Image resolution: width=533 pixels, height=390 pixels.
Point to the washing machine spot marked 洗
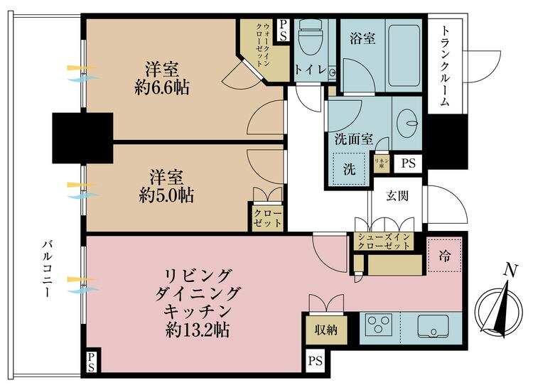(349, 170)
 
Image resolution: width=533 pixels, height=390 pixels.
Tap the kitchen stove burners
(379, 326)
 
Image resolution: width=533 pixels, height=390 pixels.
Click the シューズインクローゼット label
(384, 242)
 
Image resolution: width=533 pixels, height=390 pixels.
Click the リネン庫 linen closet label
(380, 163)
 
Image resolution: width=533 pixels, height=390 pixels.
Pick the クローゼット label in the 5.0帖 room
(267, 218)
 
